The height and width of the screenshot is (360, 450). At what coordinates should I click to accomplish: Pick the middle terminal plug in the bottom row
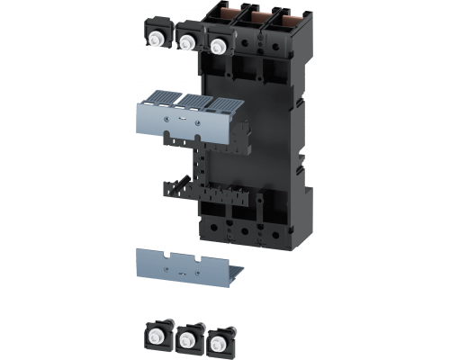188,338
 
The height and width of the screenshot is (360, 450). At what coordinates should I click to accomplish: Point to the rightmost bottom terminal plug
217,342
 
